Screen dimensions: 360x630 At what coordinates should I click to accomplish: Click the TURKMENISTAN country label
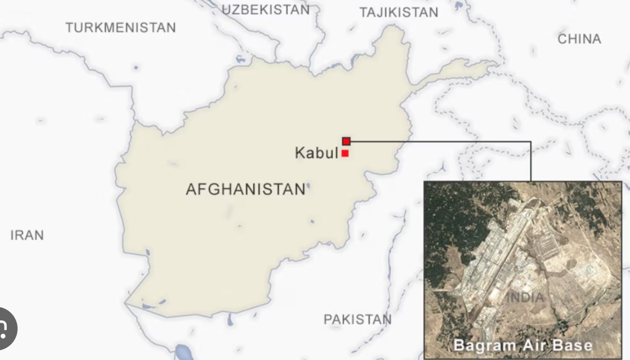[x=120, y=27]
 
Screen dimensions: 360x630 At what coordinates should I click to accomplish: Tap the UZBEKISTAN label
[x=266, y=9]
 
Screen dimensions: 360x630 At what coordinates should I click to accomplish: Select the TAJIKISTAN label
[x=399, y=12]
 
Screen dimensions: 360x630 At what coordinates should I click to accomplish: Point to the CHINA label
[x=579, y=39]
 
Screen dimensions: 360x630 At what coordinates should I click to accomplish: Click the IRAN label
[x=27, y=235]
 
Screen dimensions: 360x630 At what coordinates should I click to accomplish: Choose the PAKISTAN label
[x=358, y=319]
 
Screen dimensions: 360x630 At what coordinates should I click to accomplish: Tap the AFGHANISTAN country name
[x=245, y=189]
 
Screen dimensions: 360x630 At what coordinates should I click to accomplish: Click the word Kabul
[x=316, y=152]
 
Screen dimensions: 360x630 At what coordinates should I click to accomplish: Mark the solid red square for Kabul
[x=345, y=153]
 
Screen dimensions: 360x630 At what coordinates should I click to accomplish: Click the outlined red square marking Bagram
[x=346, y=141]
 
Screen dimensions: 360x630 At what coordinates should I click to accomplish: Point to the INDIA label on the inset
[x=525, y=297]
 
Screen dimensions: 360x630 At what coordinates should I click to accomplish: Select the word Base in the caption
[x=573, y=346]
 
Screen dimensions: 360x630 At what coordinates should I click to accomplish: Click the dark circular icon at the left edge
[x=4, y=329]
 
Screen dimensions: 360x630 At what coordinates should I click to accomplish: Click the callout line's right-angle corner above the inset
[x=531, y=142]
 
